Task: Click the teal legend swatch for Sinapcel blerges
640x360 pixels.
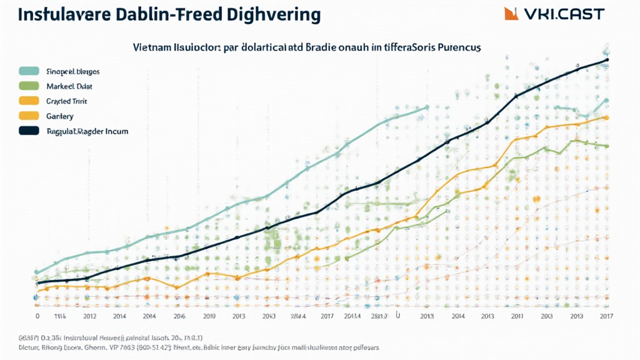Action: click(29, 71)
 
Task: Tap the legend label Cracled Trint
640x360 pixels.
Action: click(66, 101)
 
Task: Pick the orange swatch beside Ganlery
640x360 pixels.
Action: click(29, 116)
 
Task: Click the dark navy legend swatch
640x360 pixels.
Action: click(29, 131)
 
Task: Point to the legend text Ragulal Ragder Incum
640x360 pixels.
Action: click(87, 131)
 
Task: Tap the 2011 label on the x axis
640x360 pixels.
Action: click(516, 316)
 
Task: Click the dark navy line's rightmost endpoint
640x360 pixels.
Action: click(607, 61)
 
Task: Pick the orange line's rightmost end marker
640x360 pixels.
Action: click(606, 117)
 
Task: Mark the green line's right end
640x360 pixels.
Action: click(606, 146)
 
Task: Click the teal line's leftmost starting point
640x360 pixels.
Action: click(36, 272)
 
